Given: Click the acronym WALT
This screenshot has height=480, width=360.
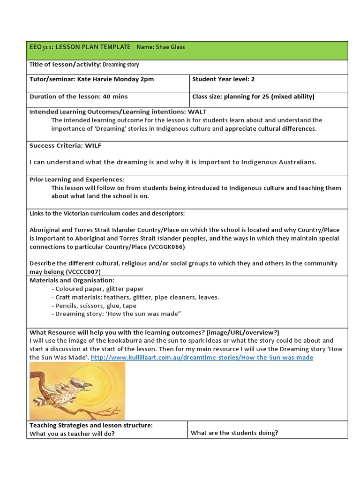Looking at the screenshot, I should pos(196,112).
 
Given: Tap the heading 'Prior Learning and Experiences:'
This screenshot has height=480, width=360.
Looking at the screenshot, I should pos(77,180).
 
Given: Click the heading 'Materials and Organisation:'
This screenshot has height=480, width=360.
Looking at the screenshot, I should pos(72,280).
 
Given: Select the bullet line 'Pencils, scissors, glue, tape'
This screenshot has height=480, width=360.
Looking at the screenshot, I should pos(95,306).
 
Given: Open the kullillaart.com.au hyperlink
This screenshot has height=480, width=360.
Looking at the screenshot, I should pos(202,357).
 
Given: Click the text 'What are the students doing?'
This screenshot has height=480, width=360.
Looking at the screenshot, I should pos(234,433).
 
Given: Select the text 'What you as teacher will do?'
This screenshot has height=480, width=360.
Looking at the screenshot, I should pos(72,434).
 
